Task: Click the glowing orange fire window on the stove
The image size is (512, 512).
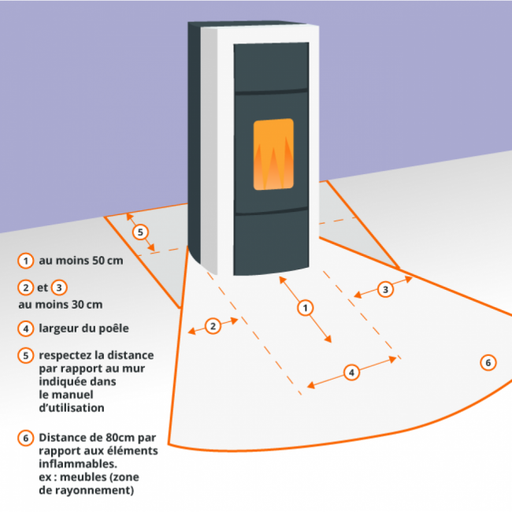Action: click(x=273, y=154)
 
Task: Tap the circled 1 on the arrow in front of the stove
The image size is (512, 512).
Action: click(x=304, y=308)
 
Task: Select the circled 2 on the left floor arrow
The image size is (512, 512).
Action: click(x=213, y=326)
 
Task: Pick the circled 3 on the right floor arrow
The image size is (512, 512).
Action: click(x=385, y=289)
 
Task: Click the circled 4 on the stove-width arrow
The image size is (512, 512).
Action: click(x=352, y=372)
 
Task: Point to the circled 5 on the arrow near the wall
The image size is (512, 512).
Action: click(x=140, y=232)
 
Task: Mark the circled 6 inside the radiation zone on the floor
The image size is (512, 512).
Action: click(x=488, y=362)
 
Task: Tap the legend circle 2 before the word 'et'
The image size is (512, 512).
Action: click(x=26, y=288)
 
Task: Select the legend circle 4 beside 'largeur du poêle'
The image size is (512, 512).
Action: click(x=26, y=328)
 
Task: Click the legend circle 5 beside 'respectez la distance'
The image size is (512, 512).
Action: click(x=26, y=355)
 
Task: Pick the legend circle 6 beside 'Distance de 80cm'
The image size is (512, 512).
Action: click(x=26, y=437)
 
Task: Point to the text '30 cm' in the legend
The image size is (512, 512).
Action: click(x=87, y=304)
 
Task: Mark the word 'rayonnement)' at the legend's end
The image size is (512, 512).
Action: click(x=95, y=491)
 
